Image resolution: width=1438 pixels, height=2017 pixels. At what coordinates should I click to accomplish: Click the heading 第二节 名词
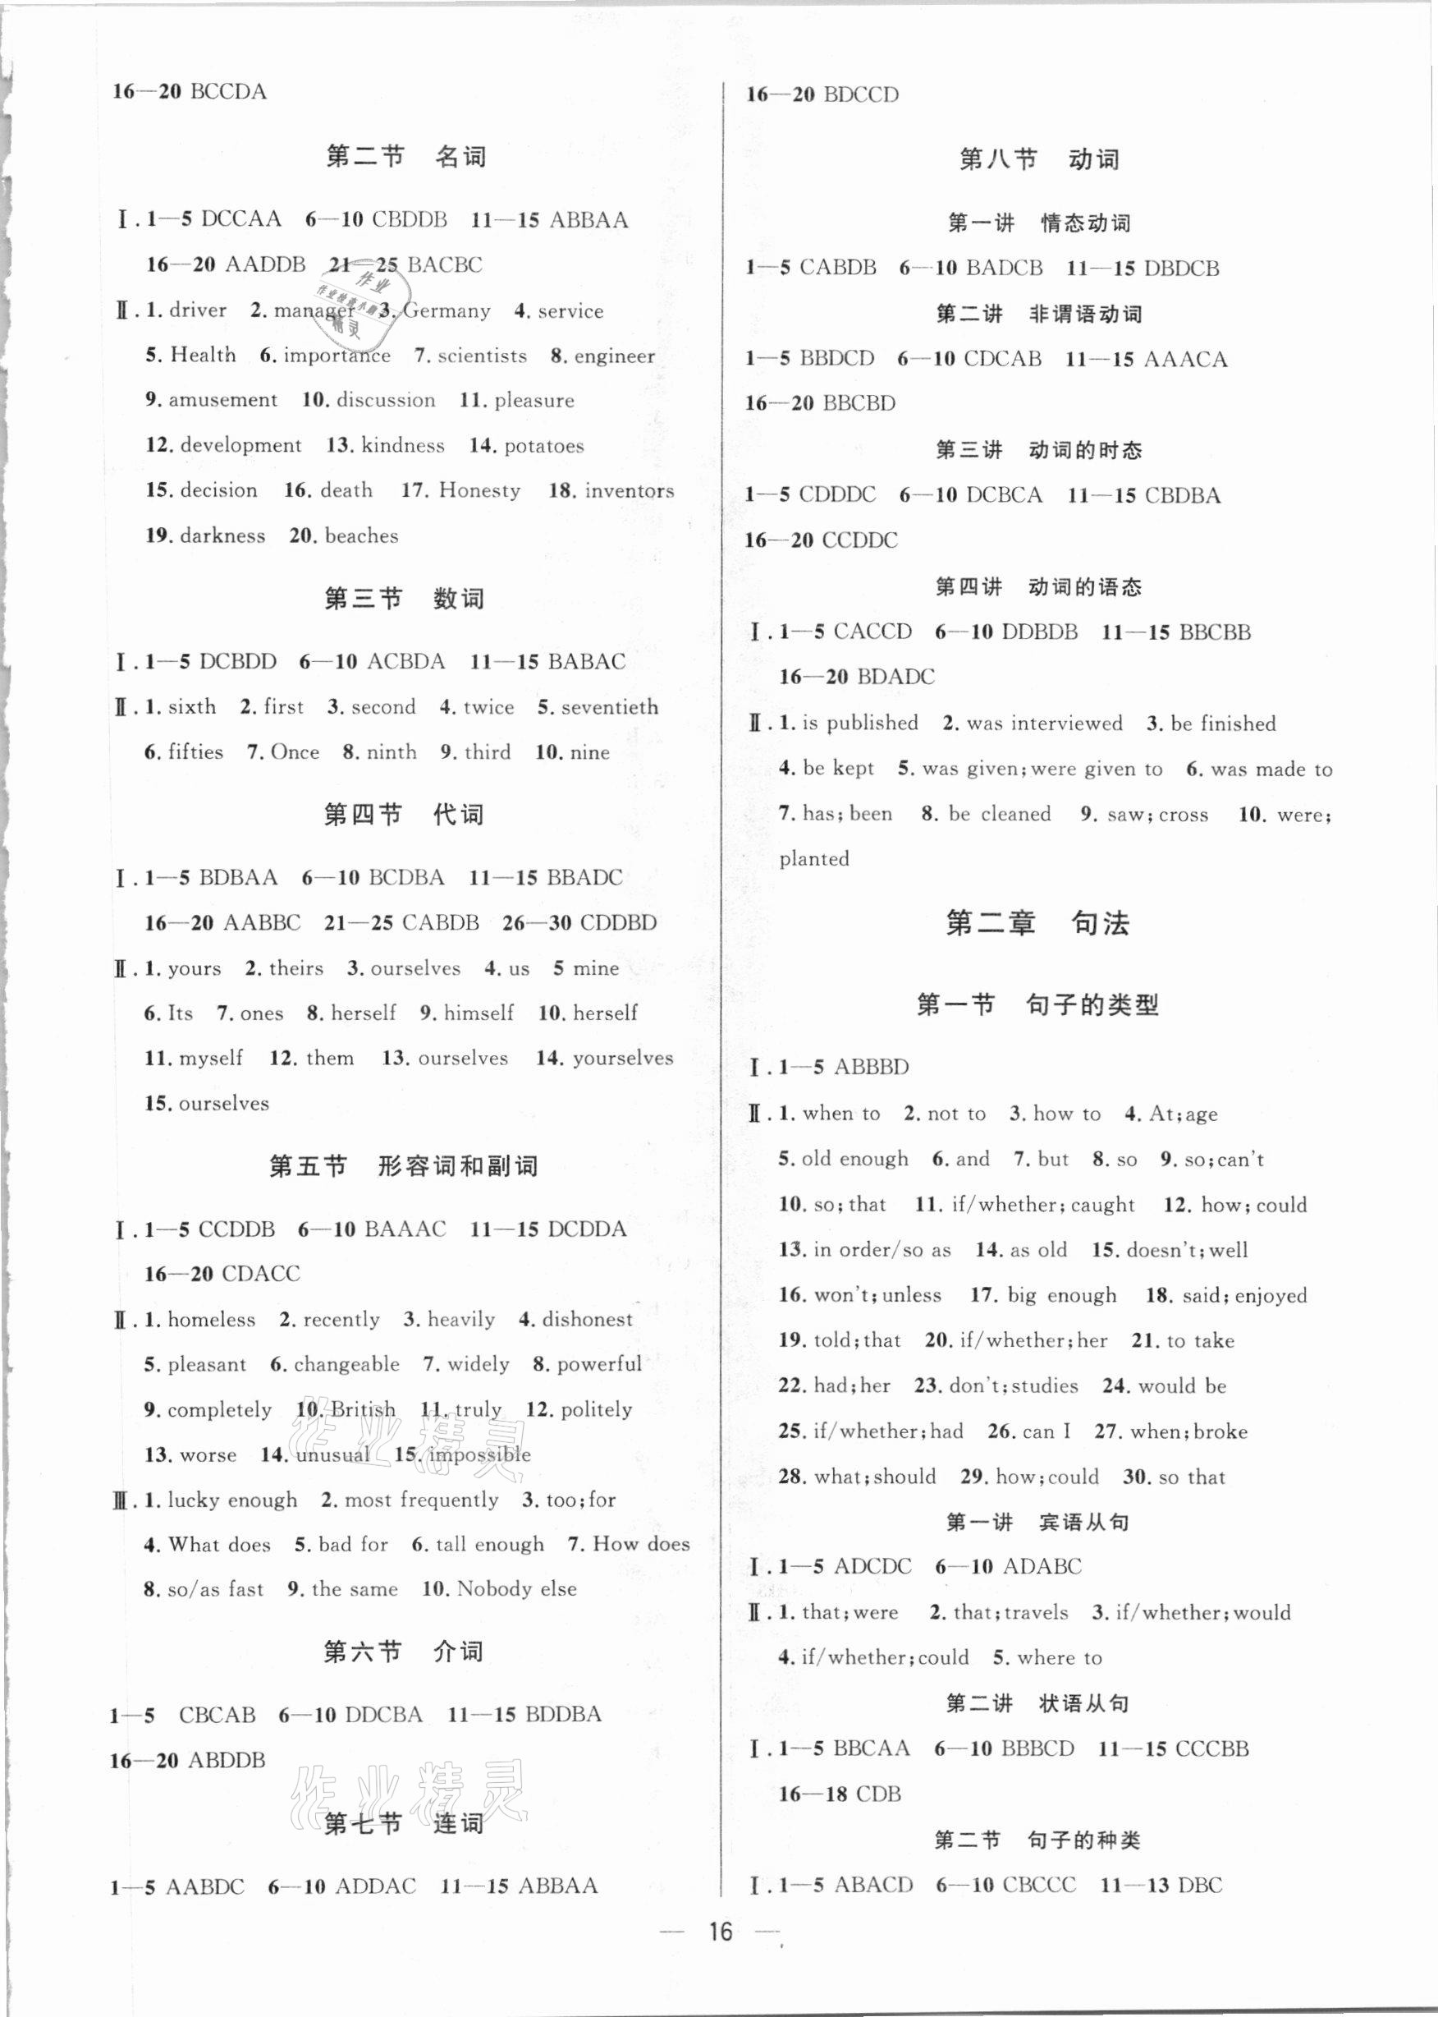point(405,158)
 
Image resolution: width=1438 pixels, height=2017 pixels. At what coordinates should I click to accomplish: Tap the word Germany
point(448,311)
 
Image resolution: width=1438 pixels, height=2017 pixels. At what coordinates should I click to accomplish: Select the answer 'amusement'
point(222,401)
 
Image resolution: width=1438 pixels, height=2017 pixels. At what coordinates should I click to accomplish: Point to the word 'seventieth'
point(610,708)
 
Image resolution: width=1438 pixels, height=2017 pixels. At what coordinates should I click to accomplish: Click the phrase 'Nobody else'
point(516,1589)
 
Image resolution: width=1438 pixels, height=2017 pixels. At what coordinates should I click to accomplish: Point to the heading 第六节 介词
point(404,1652)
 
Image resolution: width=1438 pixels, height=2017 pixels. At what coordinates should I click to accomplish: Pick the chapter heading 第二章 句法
point(1037,924)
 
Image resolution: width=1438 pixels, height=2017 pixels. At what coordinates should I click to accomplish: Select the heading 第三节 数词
point(404,599)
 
